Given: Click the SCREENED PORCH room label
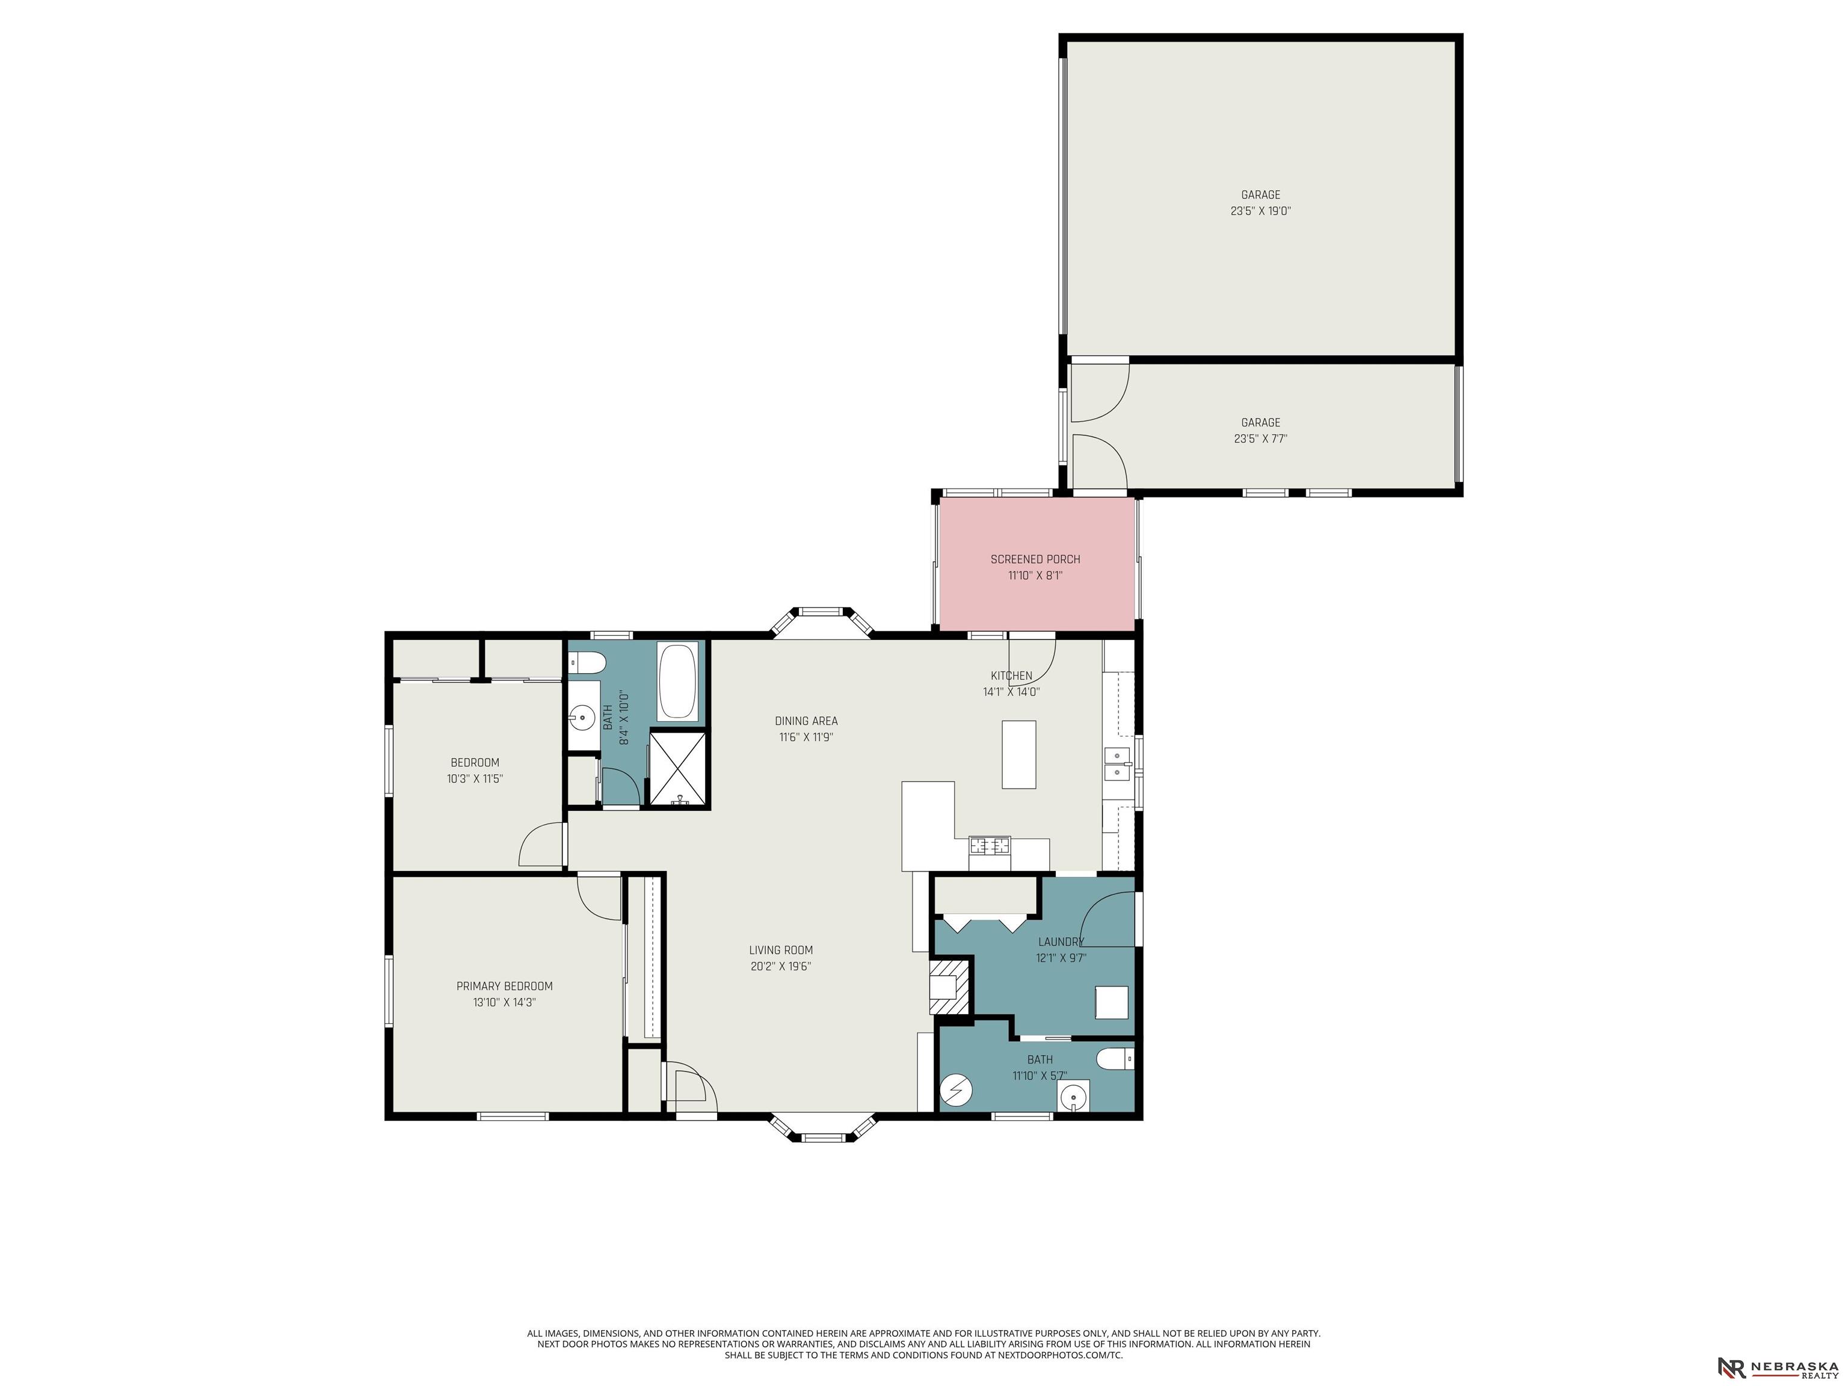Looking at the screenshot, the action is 1035,559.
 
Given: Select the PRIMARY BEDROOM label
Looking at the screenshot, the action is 505,986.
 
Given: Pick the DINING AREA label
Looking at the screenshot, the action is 805,721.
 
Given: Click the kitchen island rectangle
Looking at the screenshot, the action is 1018,754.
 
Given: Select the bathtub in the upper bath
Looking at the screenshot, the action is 677,681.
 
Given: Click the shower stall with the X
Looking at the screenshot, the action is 679,769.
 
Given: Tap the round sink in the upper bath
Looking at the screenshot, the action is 582,717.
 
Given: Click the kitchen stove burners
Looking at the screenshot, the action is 989,845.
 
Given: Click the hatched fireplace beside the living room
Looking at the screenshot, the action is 950,987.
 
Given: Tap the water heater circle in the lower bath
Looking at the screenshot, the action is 956,1089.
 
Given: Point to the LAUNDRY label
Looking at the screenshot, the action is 1061,941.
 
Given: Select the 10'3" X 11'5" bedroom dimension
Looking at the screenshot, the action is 475,778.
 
